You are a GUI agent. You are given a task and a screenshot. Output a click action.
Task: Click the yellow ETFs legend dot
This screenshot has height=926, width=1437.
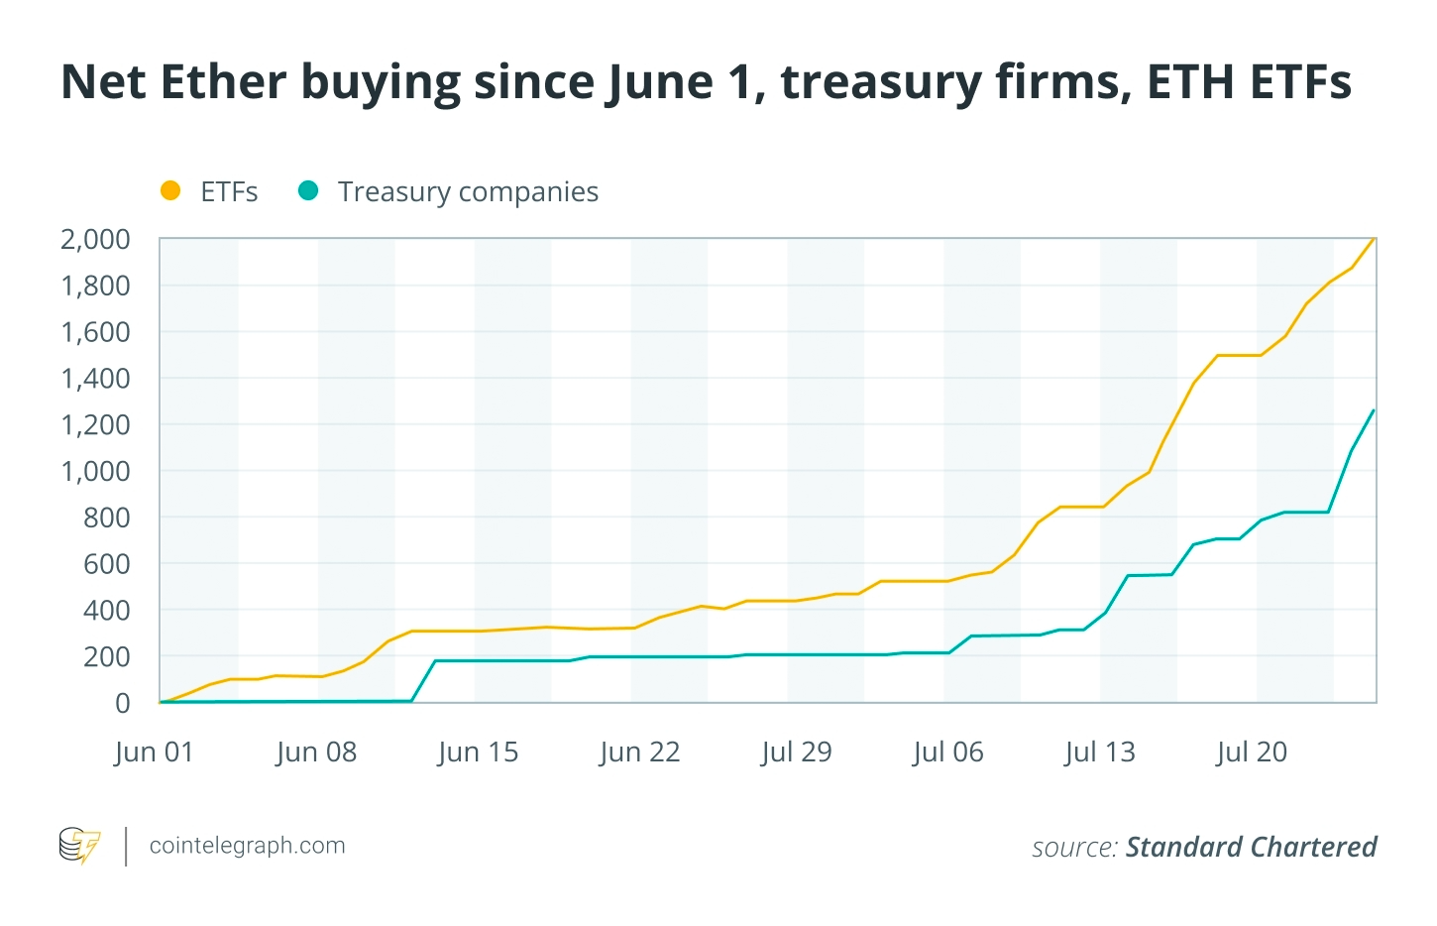pos(170,190)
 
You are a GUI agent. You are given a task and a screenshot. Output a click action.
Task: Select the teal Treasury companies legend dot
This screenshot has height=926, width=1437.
pos(308,190)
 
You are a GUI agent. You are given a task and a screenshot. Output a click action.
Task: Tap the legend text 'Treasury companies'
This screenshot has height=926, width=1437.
pos(468,191)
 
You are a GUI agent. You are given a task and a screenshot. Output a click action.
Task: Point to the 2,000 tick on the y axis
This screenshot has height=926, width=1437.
pos(95,239)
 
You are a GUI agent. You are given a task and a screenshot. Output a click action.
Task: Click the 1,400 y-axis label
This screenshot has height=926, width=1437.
pos(95,378)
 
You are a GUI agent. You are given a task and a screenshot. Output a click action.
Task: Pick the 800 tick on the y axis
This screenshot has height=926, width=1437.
pos(106,518)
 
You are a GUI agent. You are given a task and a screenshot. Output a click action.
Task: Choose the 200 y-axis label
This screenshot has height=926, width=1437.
pos(106,656)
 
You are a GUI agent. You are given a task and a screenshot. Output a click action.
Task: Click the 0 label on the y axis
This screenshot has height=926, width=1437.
pos(122,703)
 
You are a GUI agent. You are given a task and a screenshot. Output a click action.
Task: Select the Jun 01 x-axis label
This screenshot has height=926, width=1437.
pos(154,752)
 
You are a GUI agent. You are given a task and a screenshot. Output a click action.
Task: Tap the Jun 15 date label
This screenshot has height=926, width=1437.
pos(478,752)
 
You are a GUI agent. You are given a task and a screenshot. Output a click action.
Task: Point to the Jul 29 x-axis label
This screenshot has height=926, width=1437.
pos(796,752)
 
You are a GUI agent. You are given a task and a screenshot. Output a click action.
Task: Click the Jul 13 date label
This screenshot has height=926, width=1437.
pos(1100,752)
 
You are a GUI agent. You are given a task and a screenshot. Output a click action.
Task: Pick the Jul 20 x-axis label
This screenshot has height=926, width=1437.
pos(1252,752)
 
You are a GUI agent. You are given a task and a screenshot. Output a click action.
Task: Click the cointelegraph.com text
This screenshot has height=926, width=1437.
pos(247,846)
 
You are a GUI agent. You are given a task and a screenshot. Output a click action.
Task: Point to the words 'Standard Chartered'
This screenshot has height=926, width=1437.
pos(1251,847)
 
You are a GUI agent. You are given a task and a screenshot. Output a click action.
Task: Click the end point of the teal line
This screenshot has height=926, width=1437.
pos(1374,410)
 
